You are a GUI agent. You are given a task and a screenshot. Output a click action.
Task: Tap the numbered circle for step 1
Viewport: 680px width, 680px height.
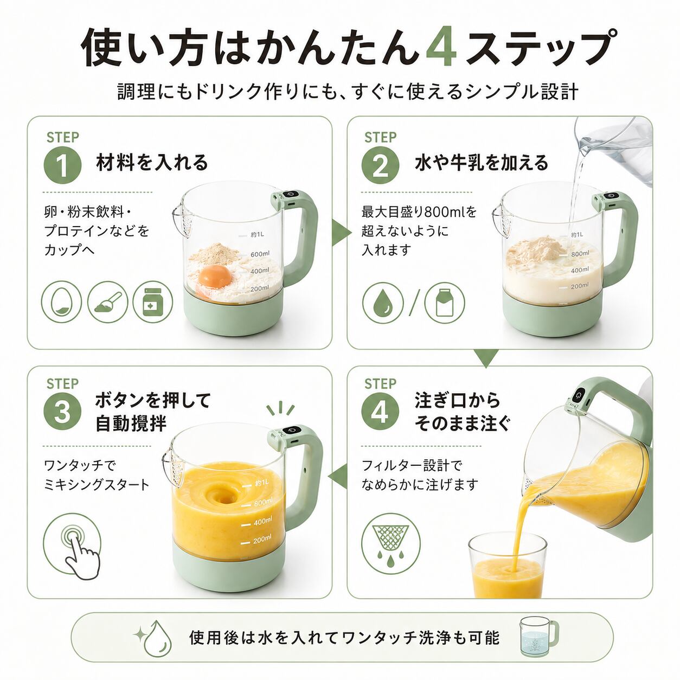62,165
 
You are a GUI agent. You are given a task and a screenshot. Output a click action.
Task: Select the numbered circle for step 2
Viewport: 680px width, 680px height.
381,165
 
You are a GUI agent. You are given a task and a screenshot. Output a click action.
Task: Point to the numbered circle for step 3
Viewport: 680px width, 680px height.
62,412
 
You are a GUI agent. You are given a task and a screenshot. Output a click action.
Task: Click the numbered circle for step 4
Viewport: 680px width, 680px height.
381,412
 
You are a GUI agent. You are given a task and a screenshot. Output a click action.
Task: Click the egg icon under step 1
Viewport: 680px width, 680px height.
61,301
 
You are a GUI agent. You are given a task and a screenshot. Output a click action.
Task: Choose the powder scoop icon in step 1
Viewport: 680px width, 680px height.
107,301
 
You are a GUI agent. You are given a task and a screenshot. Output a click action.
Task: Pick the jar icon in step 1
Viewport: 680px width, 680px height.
153,301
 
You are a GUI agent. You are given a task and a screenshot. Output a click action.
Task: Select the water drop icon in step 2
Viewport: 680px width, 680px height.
383,303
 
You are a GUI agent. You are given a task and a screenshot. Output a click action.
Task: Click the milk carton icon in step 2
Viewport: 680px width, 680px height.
445,303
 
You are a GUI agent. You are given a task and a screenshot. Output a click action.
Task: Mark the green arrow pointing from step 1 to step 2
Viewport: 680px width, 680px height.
342,232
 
